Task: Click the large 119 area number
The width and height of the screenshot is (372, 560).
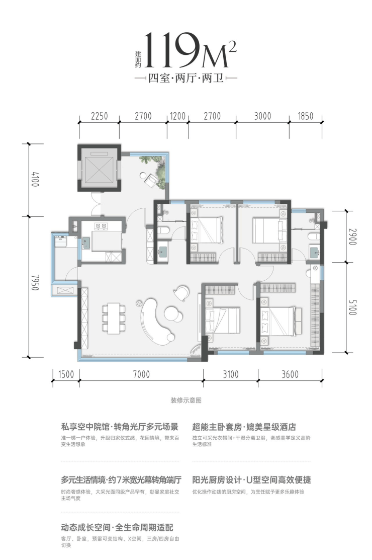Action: (171, 50)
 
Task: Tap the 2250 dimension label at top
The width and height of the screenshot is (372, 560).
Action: (100, 116)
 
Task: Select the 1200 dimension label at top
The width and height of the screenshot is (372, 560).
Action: (177, 116)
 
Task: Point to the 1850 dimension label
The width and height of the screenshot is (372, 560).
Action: (305, 116)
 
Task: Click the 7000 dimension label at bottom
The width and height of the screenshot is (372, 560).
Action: (141, 374)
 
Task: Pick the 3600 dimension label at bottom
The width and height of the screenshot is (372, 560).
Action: (290, 374)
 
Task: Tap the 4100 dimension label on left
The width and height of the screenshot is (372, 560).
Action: (35, 179)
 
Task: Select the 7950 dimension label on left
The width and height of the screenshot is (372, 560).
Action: (35, 282)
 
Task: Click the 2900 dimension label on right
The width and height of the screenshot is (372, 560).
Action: (352, 236)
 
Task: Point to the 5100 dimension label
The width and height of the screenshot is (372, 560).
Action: (352, 307)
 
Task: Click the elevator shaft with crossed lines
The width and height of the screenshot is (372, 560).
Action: (100, 168)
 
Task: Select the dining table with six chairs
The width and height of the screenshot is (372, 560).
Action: (114, 317)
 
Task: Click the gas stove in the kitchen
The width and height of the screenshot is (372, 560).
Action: (101, 226)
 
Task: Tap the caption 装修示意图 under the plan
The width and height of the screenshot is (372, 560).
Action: (186, 401)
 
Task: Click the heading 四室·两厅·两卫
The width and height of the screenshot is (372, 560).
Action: (186, 77)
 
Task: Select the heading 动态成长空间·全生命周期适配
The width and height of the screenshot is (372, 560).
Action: (117, 527)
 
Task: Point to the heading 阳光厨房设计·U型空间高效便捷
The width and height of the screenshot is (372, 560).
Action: (251, 479)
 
